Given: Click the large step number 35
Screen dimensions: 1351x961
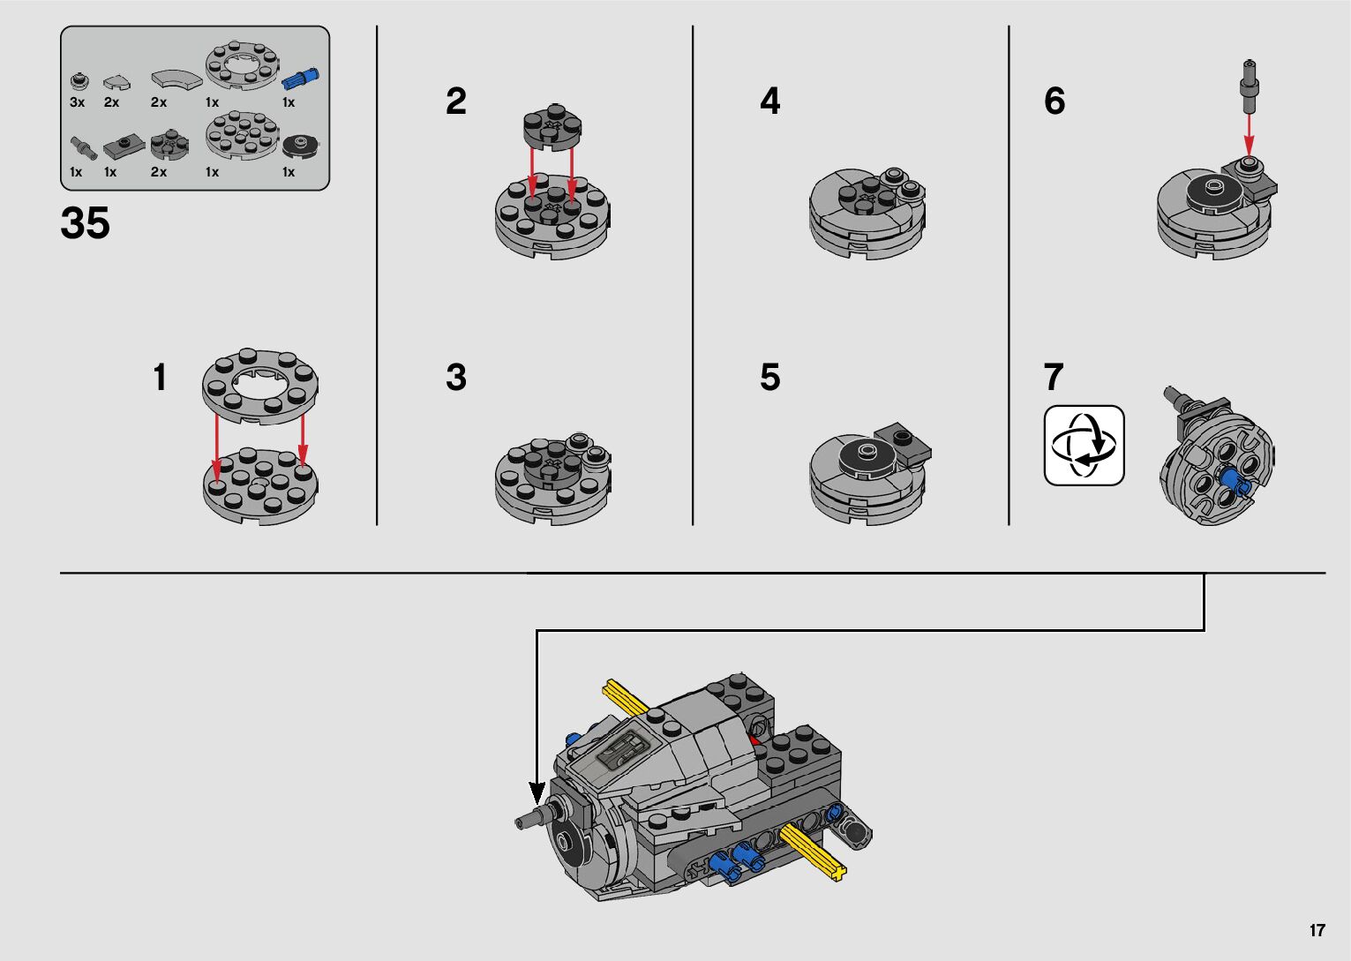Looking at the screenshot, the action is pyautogui.click(x=85, y=222).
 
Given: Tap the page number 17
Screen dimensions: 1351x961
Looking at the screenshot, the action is pyautogui.click(x=1317, y=929).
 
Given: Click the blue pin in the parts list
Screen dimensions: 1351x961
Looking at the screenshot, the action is pyautogui.click(x=300, y=79).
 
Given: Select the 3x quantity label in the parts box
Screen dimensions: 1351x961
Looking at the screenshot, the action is pyautogui.click(x=77, y=102).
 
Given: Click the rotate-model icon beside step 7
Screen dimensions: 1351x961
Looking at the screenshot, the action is pyautogui.click(x=1084, y=446).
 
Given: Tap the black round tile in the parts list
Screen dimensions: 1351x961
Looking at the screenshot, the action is pyautogui.click(x=300, y=146).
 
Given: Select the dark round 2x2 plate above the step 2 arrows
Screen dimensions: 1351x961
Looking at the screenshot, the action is pyautogui.click(x=552, y=127).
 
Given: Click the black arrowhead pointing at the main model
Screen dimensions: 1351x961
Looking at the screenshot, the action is pyautogui.click(x=537, y=792).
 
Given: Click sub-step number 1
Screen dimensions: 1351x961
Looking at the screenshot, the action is pyautogui.click(x=159, y=377).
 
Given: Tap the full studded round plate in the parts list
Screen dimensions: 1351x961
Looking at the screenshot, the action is pyautogui.click(x=242, y=135).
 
